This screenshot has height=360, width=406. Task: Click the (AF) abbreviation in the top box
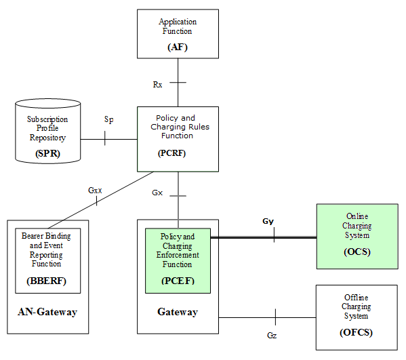coord(178,47)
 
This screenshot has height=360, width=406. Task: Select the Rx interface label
coord(158,84)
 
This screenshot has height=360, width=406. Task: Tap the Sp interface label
coord(108,119)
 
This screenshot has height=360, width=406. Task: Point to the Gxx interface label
coord(95,190)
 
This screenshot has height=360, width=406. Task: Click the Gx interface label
coord(157,193)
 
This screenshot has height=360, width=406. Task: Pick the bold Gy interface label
coord(268,222)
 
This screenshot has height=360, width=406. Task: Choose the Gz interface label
coord(271,335)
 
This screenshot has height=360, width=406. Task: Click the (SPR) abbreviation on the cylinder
coord(47,154)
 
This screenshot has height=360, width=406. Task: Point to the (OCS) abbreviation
coord(357,252)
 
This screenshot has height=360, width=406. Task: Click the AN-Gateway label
coord(47,312)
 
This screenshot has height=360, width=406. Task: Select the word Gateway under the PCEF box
coord(178,312)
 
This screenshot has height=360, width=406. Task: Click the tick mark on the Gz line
coord(276,317)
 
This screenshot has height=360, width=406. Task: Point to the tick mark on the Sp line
coord(104,139)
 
